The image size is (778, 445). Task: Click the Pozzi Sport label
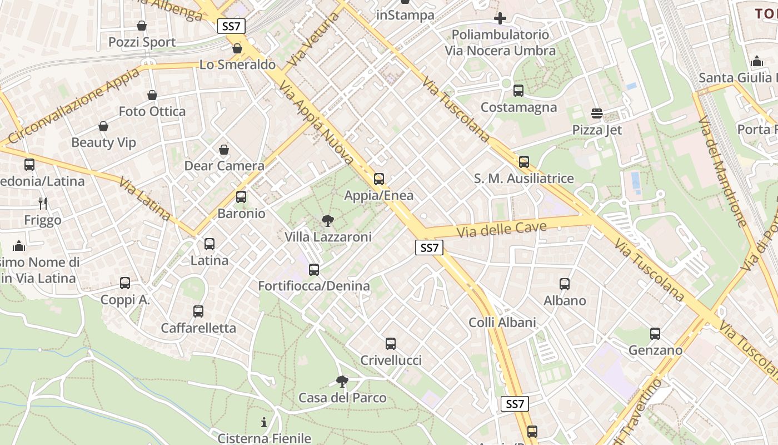click(142, 42)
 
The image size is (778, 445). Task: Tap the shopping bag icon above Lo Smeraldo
click(237, 49)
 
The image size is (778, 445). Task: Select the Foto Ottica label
click(152, 112)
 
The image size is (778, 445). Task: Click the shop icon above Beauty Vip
click(103, 127)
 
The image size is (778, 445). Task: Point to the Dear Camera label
click(224, 166)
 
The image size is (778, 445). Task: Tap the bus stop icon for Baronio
click(241, 197)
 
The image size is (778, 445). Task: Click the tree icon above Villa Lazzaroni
click(328, 221)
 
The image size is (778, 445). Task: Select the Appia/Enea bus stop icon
click(379, 179)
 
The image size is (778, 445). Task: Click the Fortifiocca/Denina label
click(314, 286)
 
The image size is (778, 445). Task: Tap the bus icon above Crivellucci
click(391, 344)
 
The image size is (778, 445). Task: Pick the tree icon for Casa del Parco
click(342, 382)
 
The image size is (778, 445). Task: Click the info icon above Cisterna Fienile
click(264, 422)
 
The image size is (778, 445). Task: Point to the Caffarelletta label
click(198, 328)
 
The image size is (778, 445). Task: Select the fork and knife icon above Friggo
click(43, 204)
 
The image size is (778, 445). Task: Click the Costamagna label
click(518, 107)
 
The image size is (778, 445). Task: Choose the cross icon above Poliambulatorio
click(500, 18)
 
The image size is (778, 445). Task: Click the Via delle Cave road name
click(501, 229)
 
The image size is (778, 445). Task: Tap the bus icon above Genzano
click(655, 334)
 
